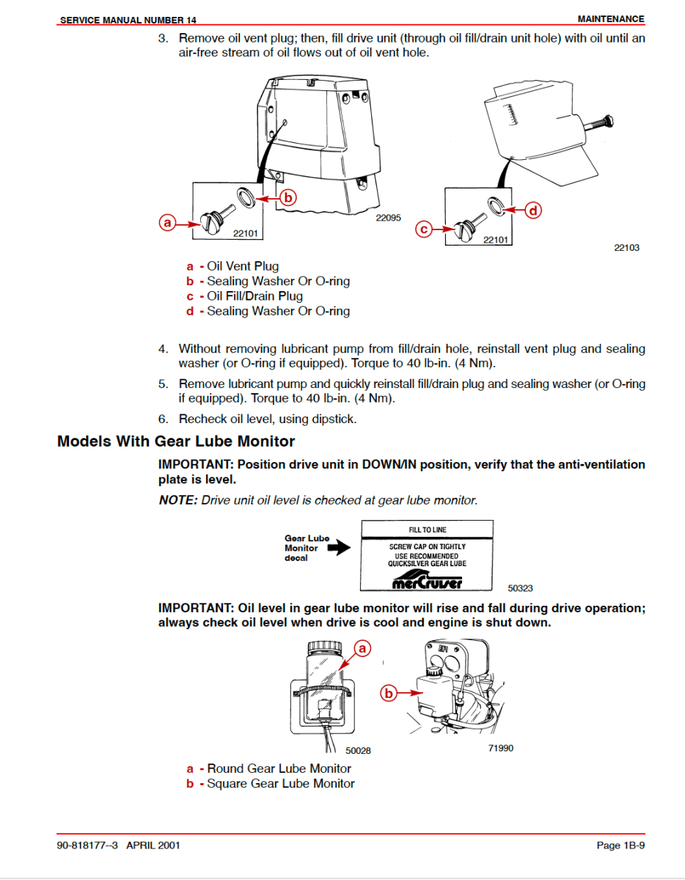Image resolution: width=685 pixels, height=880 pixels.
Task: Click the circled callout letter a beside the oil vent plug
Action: [x=168, y=222]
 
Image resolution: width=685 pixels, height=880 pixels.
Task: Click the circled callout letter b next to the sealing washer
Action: [x=288, y=197]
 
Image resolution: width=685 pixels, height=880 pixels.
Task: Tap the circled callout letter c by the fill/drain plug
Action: [x=424, y=230]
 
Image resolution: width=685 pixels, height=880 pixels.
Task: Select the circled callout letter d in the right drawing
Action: [x=533, y=210]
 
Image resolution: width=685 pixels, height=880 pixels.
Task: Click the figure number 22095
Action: [x=389, y=218]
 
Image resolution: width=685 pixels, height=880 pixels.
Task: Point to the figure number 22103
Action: [x=626, y=247]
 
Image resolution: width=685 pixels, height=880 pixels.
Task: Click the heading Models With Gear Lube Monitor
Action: [x=176, y=441]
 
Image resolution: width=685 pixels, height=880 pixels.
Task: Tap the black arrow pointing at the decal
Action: [x=339, y=548]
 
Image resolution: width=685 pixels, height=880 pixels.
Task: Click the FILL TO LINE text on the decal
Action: [x=428, y=529]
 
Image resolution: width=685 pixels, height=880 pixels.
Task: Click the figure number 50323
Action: [x=520, y=587]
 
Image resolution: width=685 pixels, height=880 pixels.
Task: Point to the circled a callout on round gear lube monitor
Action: [x=362, y=648]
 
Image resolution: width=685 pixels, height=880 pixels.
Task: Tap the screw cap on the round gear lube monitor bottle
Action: [x=323, y=647]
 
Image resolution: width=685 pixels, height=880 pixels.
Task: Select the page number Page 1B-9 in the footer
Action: [x=620, y=846]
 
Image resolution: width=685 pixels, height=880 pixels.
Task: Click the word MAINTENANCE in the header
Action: [x=611, y=19]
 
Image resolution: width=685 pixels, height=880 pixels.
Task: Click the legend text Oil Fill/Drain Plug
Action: [x=254, y=296]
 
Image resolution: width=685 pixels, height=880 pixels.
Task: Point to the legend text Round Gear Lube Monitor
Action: [x=279, y=769]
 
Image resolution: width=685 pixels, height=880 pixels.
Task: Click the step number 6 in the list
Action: [x=163, y=419]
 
